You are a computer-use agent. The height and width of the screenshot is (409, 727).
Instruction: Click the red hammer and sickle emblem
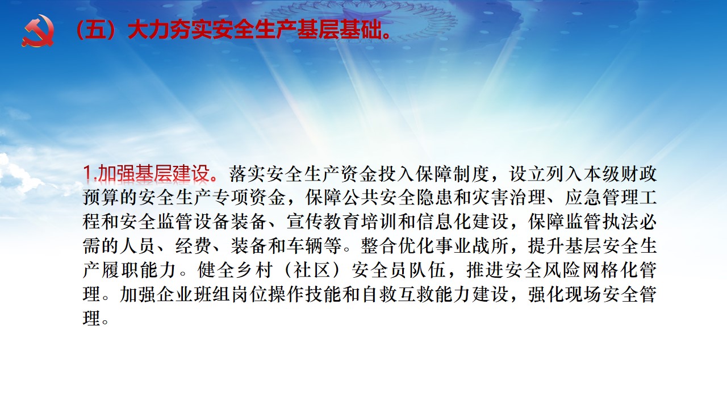pyautogui.click(x=38, y=31)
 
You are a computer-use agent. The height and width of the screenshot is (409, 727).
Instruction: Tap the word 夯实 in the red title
pyautogui.click(x=191, y=31)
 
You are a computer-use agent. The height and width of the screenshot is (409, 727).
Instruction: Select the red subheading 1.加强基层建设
pyautogui.click(x=151, y=173)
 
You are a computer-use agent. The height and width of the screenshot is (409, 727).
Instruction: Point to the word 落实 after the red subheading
pyautogui.click(x=248, y=174)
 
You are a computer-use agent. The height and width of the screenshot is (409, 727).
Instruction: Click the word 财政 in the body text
pyautogui.click(x=639, y=174)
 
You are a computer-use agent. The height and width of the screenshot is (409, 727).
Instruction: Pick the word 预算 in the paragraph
pyautogui.click(x=101, y=198)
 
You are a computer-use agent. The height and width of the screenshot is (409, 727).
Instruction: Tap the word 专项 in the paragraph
pyautogui.click(x=231, y=198)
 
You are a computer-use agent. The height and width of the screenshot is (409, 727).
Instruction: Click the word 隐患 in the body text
pyautogui.click(x=434, y=198)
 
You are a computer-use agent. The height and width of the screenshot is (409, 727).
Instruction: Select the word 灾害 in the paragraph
pyautogui.click(x=490, y=198)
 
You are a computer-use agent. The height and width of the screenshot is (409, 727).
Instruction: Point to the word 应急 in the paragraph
pyautogui.click(x=583, y=198)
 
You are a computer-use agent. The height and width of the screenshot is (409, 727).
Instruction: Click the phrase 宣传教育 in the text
pyautogui.click(x=323, y=222)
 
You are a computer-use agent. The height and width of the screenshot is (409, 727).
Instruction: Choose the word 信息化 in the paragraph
pyautogui.click(x=444, y=222)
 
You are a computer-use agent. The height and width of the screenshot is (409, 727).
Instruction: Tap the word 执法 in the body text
pyautogui.click(x=620, y=222)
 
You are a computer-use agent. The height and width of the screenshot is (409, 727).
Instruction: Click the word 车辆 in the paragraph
pyautogui.click(x=305, y=246)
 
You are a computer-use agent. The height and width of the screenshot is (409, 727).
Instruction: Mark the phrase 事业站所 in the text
pyautogui.click(x=471, y=246)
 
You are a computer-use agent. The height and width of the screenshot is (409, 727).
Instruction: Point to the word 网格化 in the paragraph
pyautogui.click(x=611, y=270)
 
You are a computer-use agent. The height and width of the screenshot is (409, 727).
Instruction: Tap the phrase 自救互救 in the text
pyautogui.click(x=398, y=294)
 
